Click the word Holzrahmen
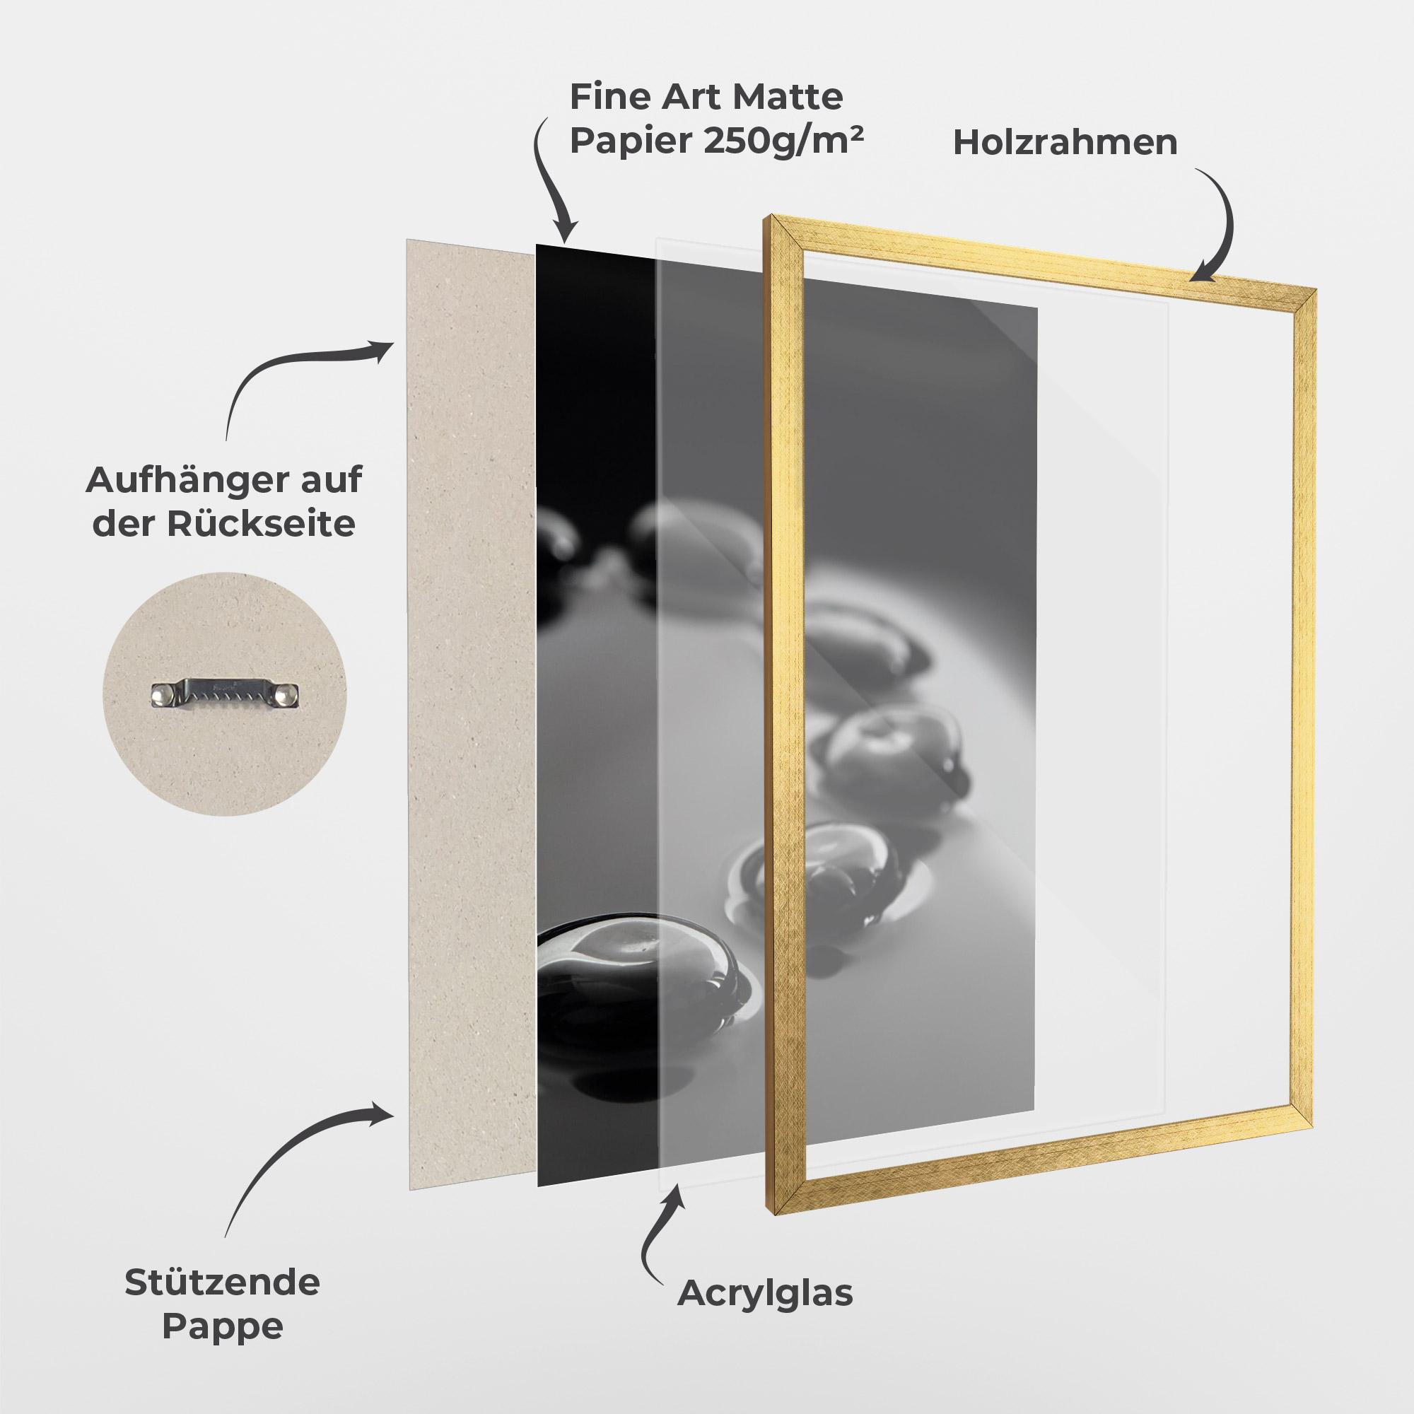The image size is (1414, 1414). pyautogui.click(x=1065, y=142)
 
